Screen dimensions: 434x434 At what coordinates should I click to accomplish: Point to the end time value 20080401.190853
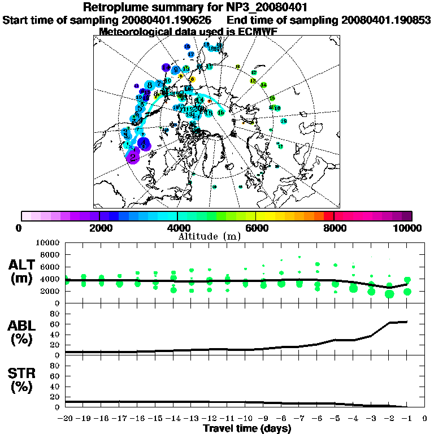(x=385, y=20)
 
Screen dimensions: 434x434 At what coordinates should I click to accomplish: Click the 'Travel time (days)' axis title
(x=247, y=428)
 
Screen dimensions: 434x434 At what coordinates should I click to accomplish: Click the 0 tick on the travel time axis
(x=425, y=419)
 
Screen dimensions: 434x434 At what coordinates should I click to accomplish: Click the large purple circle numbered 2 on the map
(x=134, y=157)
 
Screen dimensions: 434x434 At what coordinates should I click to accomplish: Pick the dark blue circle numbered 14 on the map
(x=166, y=68)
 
